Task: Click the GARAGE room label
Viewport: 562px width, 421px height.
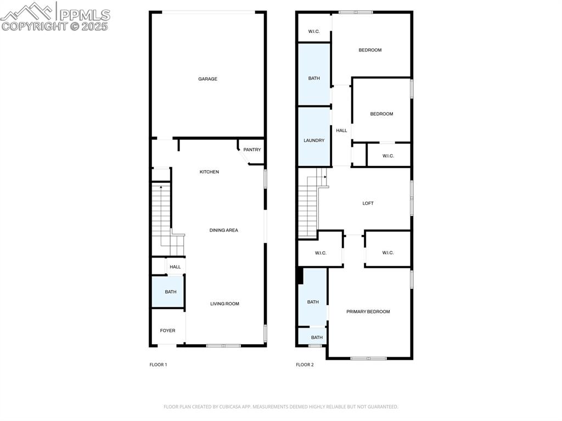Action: click(x=207, y=79)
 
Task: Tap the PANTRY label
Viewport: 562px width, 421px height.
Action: click(x=252, y=150)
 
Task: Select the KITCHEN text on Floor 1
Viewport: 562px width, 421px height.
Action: click(x=209, y=172)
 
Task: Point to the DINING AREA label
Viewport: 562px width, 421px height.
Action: click(x=224, y=231)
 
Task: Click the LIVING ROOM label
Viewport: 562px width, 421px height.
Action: click(x=224, y=304)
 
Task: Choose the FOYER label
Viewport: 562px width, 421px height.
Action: click(x=167, y=330)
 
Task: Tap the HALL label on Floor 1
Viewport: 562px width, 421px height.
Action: click(x=175, y=267)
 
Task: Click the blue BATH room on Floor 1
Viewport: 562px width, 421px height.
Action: click(x=170, y=291)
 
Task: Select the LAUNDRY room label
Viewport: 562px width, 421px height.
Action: click(x=314, y=141)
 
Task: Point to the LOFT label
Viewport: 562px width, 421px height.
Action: click(x=368, y=204)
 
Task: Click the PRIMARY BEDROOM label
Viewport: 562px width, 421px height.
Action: click(x=368, y=312)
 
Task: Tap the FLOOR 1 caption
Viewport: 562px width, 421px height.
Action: click(x=158, y=364)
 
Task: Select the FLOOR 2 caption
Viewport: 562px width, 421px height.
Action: click(x=305, y=364)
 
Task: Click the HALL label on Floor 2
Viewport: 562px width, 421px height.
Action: click(x=341, y=131)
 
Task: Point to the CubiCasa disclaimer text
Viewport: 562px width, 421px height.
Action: click(x=280, y=407)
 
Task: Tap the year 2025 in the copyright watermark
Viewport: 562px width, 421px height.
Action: click(x=95, y=26)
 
